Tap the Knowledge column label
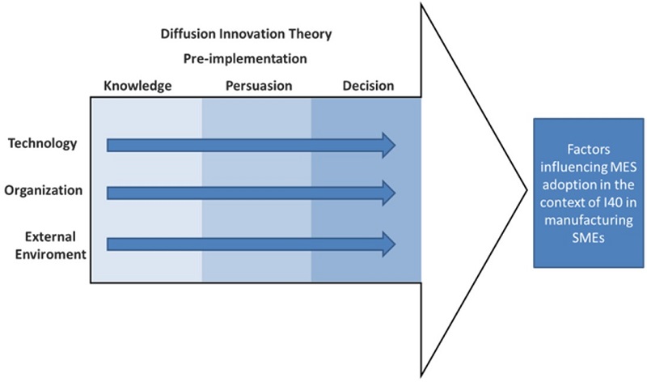point(137,86)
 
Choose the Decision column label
point(368,86)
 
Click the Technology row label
point(43,144)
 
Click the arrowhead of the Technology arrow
point(388,145)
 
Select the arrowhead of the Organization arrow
point(388,193)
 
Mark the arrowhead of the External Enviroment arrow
point(388,243)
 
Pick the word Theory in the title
point(312,35)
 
